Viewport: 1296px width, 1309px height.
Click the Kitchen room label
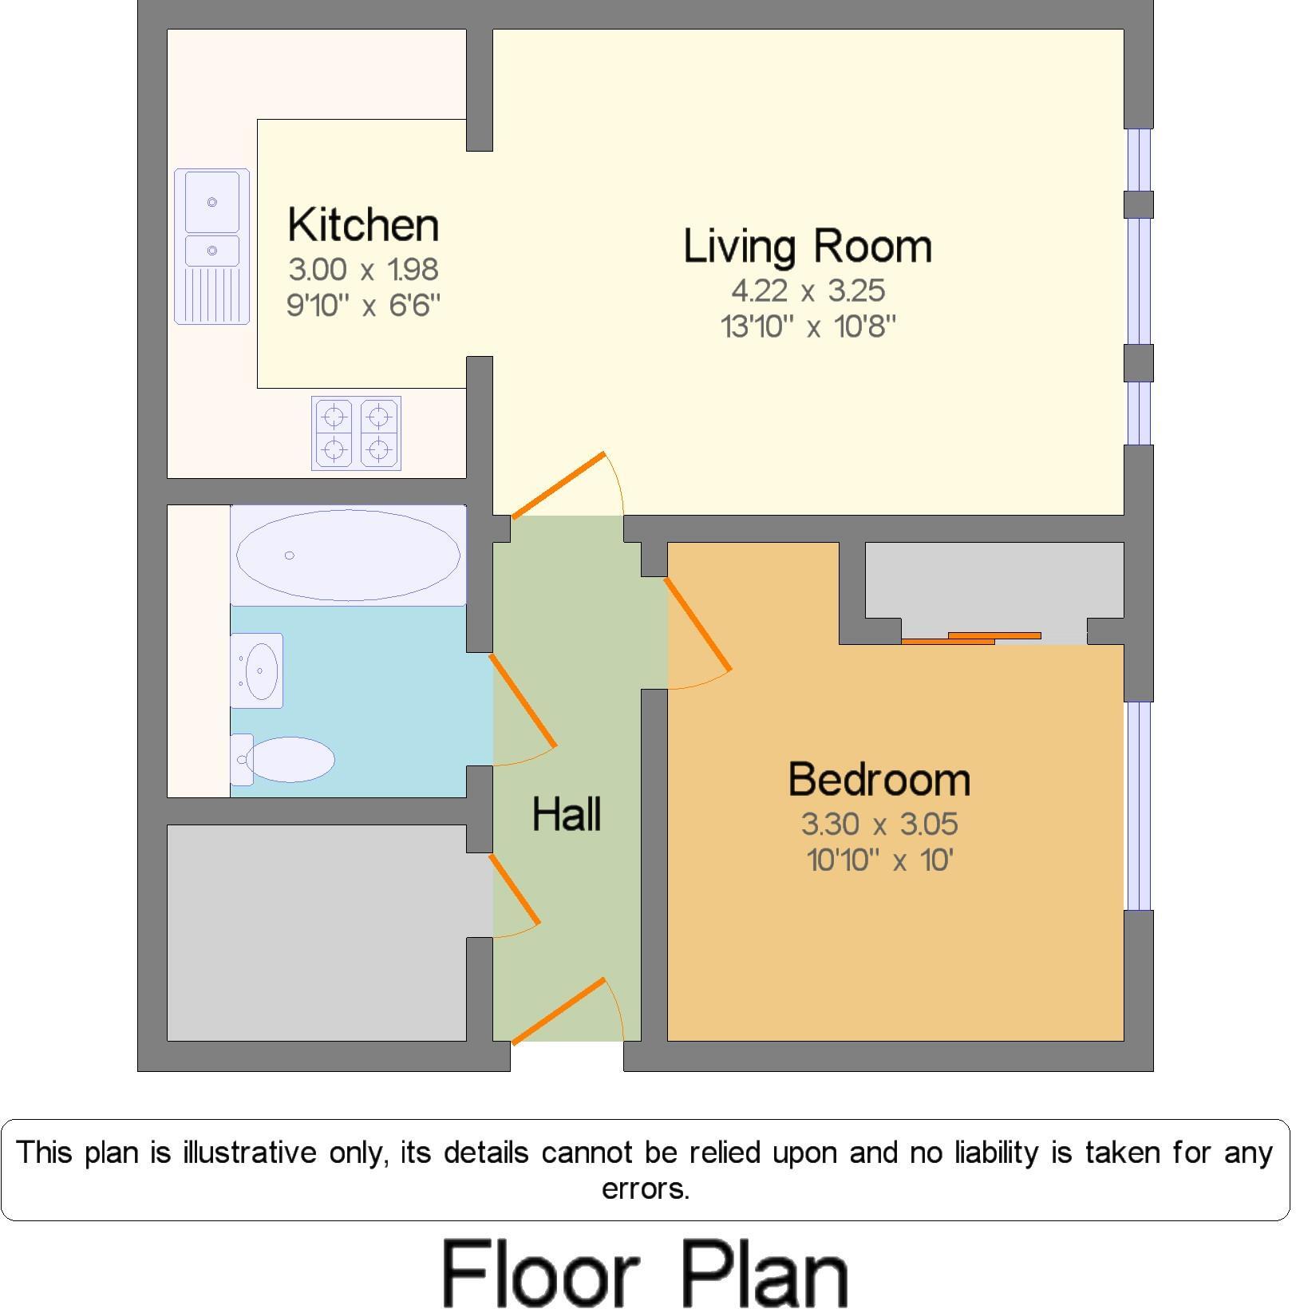click(x=363, y=225)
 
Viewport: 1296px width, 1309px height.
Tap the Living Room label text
click(x=807, y=246)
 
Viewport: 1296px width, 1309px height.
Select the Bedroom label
click(x=879, y=779)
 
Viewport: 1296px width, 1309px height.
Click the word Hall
click(x=567, y=814)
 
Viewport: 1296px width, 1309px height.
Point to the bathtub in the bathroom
click(x=348, y=555)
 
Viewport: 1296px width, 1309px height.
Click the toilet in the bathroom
click(x=287, y=759)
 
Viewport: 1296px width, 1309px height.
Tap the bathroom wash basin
click(x=258, y=670)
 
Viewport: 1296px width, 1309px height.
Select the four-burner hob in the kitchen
click(x=356, y=433)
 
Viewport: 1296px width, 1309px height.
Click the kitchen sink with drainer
click(x=212, y=246)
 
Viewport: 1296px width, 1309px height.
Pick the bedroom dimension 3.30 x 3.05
click(x=879, y=824)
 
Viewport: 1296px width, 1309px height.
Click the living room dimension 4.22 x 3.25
click(x=807, y=291)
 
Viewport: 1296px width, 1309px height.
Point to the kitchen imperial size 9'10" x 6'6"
click(x=363, y=305)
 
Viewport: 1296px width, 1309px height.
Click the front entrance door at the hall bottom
click(x=559, y=1010)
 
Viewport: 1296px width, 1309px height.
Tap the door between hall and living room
click(x=559, y=484)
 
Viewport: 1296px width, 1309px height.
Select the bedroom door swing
click(x=697, y=624)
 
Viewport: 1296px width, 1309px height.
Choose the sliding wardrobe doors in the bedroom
click(x=971, y=638)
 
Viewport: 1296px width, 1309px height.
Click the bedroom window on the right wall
click(x=1139, y=806)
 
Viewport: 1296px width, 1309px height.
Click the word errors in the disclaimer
click(x=645, y=1189)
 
